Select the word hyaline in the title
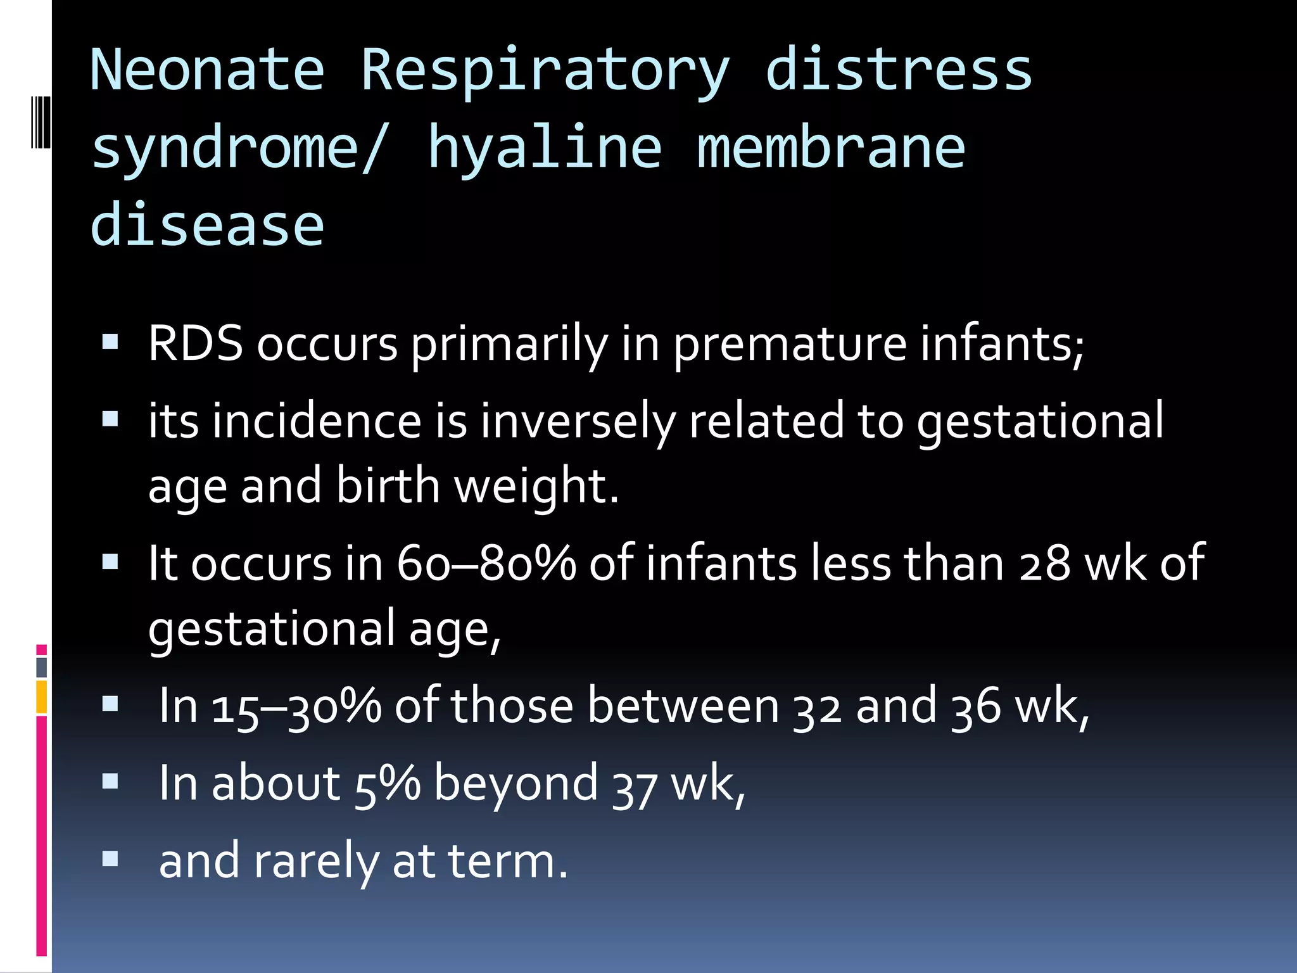pos(545,148)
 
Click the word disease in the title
pos(207,225)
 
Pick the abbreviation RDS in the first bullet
pos(196,344)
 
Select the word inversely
pos(578,422)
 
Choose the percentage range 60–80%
pos(486,563)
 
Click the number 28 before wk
pos(1044,563)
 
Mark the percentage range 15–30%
pos(296,706)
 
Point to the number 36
pos(976,706)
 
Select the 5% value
pos(387,784)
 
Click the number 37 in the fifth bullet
pos(635,785)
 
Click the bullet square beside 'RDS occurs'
pos(110,343)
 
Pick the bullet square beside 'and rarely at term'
pos(110,859)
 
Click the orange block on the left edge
pos(42,697)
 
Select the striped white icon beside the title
pos(41,122)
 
